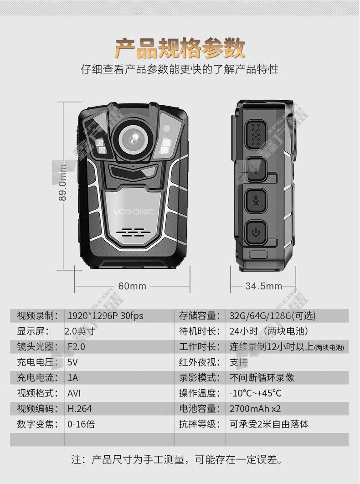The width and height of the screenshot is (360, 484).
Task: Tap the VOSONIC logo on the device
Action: point(134,212)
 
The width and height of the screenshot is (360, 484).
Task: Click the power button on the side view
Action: point(256,232)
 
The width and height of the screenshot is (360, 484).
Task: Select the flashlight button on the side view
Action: point(256,169)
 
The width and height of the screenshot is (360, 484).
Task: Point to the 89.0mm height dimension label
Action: point(62,183)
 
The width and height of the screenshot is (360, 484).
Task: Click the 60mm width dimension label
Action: point(132,286)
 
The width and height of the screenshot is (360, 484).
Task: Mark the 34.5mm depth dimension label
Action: point(264,286)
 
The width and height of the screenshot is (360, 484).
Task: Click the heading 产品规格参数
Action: point(180,48)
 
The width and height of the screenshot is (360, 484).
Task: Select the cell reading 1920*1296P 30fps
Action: point(105,316)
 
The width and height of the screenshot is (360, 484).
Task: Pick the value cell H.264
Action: point(79,409)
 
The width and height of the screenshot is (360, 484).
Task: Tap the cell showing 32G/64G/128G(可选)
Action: point(273,316)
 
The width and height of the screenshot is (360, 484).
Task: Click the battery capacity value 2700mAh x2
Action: point(255,409)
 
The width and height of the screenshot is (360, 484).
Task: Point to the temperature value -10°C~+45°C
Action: point(255,393)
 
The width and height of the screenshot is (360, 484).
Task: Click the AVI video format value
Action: point(74,393)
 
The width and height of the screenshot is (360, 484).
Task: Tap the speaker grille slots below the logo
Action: point(134,232)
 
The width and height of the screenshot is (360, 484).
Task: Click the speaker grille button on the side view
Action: point(256,134)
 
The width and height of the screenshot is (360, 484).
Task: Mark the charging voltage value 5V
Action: point(72,362)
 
